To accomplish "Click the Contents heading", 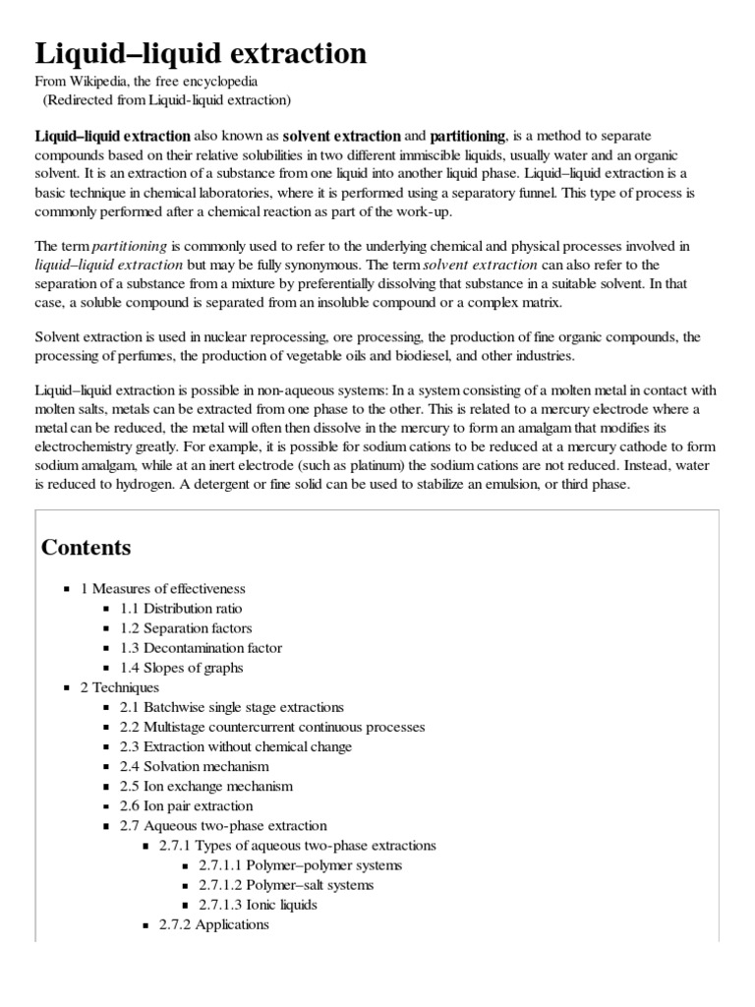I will [x=86, y=547].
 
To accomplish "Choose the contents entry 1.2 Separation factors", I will [x=186, y=628].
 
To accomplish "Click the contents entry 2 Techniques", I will [x=119, y=687].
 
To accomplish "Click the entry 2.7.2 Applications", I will [x=213, y=924].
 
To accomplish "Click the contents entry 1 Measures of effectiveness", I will [x=162, y=589].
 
